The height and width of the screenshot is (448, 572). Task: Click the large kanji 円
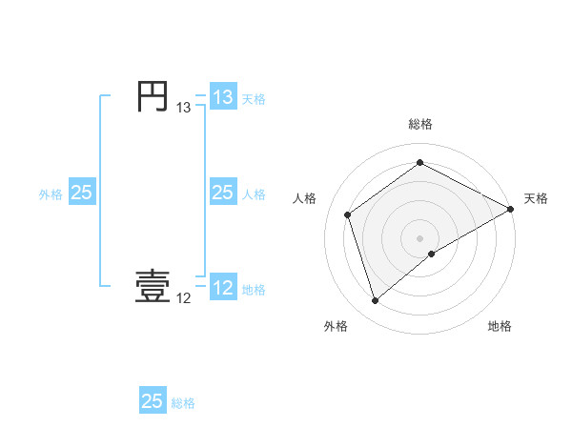(153, 97)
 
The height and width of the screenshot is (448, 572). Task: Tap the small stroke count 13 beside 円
(183, 109)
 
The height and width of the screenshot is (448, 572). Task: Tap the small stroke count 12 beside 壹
(183, 299)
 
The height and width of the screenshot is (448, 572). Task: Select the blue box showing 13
(222, 97)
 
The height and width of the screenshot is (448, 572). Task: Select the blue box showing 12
(222, 288)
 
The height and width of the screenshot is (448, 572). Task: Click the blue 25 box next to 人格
(222, 193)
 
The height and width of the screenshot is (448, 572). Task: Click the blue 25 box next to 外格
(81, 193)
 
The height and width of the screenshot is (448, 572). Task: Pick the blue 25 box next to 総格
(153, 401)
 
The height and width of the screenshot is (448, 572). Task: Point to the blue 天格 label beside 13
(254, 99)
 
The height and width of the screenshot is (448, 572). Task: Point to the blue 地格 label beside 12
(254, 290)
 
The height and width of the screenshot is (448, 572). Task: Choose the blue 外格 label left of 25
(51, 194)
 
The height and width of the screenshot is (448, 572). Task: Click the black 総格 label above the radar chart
(419, 125)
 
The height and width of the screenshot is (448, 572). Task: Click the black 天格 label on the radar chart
(536, 198)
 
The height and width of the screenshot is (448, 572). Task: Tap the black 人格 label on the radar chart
(304, 198)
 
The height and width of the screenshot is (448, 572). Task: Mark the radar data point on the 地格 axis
(432, 254)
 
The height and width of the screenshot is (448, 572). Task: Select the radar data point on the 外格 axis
(375, 301)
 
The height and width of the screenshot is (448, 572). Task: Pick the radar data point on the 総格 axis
(419, 163)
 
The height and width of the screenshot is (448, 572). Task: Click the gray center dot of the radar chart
(419, 237)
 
